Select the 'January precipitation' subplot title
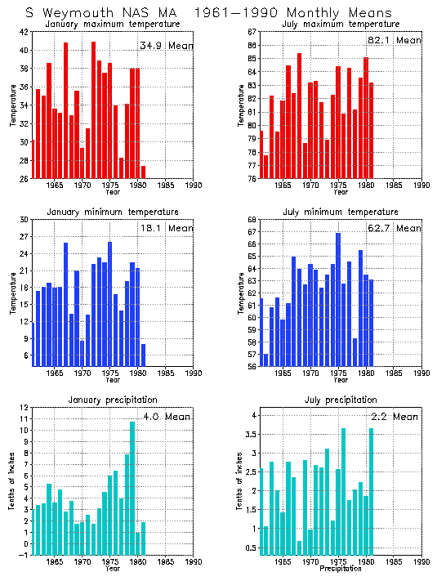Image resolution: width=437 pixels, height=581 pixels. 113,400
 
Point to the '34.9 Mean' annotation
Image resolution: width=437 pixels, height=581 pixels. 166,46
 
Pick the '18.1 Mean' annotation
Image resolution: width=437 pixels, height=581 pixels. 166,228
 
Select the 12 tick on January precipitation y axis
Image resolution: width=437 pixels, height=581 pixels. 25,408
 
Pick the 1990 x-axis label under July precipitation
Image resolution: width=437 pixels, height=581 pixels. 421,561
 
